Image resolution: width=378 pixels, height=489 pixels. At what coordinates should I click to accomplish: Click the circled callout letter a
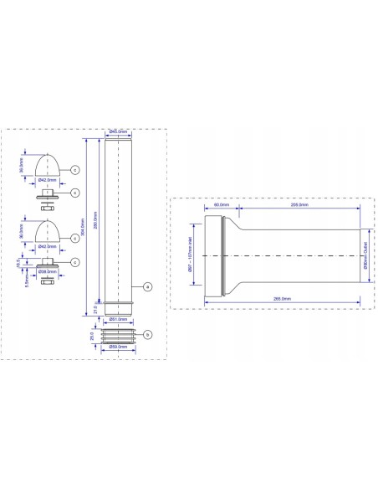point(147,286)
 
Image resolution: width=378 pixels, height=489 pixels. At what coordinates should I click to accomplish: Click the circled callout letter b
point(147,335)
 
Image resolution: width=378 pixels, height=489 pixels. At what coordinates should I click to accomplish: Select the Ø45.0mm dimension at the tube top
point(117,132)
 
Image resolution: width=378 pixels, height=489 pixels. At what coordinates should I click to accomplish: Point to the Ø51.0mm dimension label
point(117,319)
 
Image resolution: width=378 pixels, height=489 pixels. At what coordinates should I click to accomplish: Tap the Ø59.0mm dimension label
point(117,346)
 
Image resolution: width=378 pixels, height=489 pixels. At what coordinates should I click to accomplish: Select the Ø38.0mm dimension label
point(49,271)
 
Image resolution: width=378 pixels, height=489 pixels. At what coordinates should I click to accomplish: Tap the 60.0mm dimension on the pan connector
point(222,204)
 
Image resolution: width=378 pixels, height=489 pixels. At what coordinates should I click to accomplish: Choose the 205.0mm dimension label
point(299,204)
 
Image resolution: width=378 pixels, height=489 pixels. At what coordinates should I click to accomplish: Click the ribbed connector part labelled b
point(117,335)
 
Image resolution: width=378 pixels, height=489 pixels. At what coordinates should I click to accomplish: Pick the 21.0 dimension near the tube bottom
point(96,309)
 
